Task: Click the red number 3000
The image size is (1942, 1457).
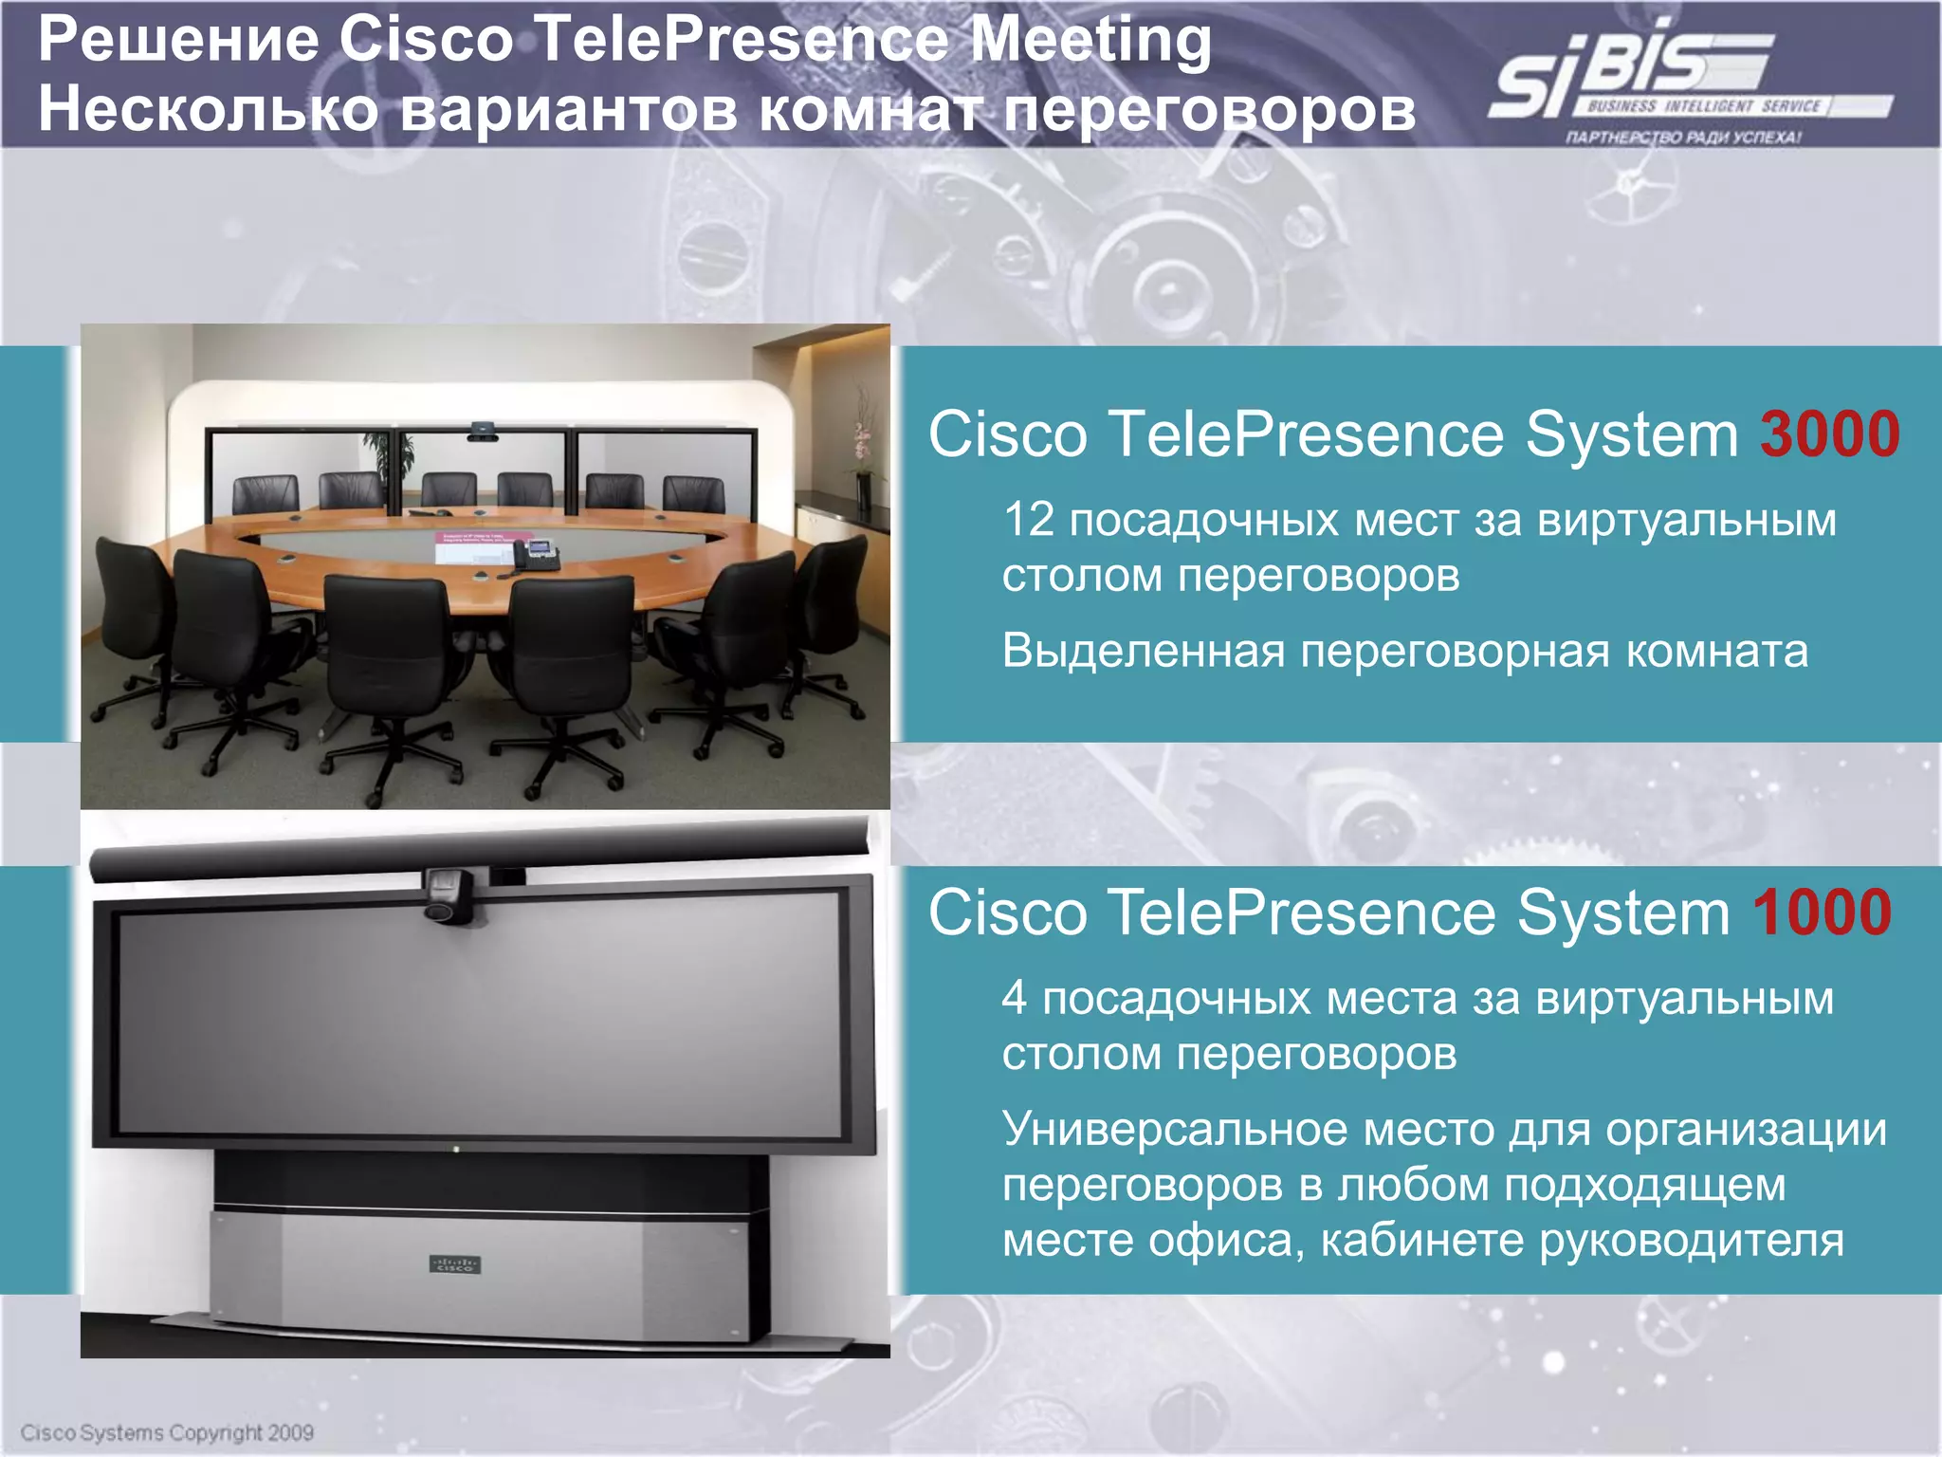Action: (1829, 435)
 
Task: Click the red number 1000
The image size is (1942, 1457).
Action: (1822, 913)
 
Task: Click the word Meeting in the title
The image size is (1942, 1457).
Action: (1091, 42)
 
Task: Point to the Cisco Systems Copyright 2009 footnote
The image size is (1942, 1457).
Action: (167, 1432)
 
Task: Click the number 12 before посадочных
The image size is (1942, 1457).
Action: (1029, 520)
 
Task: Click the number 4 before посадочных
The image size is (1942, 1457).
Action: (1014, 998)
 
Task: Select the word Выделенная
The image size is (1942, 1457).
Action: (1144, 652)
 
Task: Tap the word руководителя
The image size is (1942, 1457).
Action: (1691, 1241)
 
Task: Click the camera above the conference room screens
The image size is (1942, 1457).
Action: (482, 433)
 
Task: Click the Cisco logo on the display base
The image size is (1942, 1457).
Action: (455, 1264)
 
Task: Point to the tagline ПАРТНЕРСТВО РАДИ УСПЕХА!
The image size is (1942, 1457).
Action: (1683, 138)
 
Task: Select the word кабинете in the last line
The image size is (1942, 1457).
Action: (1422, 1241)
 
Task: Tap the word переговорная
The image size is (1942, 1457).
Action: (1455, 652)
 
